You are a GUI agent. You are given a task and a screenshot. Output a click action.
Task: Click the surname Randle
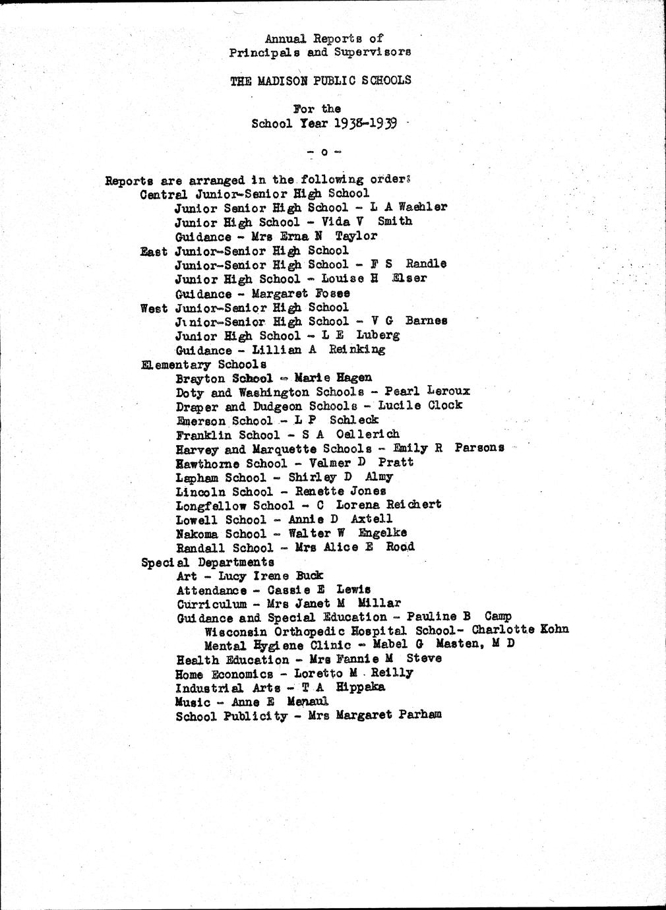[x=425, y=264]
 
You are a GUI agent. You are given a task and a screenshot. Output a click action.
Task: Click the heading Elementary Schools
[x=204, y=364]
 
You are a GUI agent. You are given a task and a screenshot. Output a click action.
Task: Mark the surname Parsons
[x=479, y=448]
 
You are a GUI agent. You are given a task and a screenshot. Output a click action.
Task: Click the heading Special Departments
[x=208, y=562]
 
